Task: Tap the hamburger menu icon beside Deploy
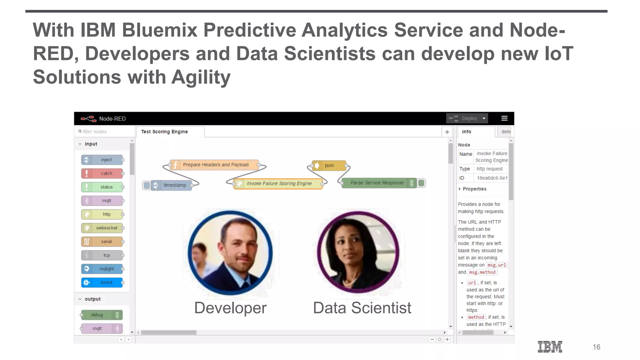pos(504,118)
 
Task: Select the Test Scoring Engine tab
pos(164,132)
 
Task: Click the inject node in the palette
pos(102,160)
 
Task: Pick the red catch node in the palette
pos(102,173)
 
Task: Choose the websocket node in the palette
pos(102,228)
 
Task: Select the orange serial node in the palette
pos(102,242)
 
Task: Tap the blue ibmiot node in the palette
pos(102,282)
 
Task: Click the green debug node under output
pos(102,315)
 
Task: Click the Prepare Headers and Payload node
pos(215,165)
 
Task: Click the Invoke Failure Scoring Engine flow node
pos(279,183)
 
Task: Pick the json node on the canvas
pos(329,165)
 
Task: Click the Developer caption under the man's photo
pos(230,308)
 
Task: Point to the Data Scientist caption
pos(362,308)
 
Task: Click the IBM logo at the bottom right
pos(550,347)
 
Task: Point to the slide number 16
pos(596,347)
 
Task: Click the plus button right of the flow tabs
pos(447,132)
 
